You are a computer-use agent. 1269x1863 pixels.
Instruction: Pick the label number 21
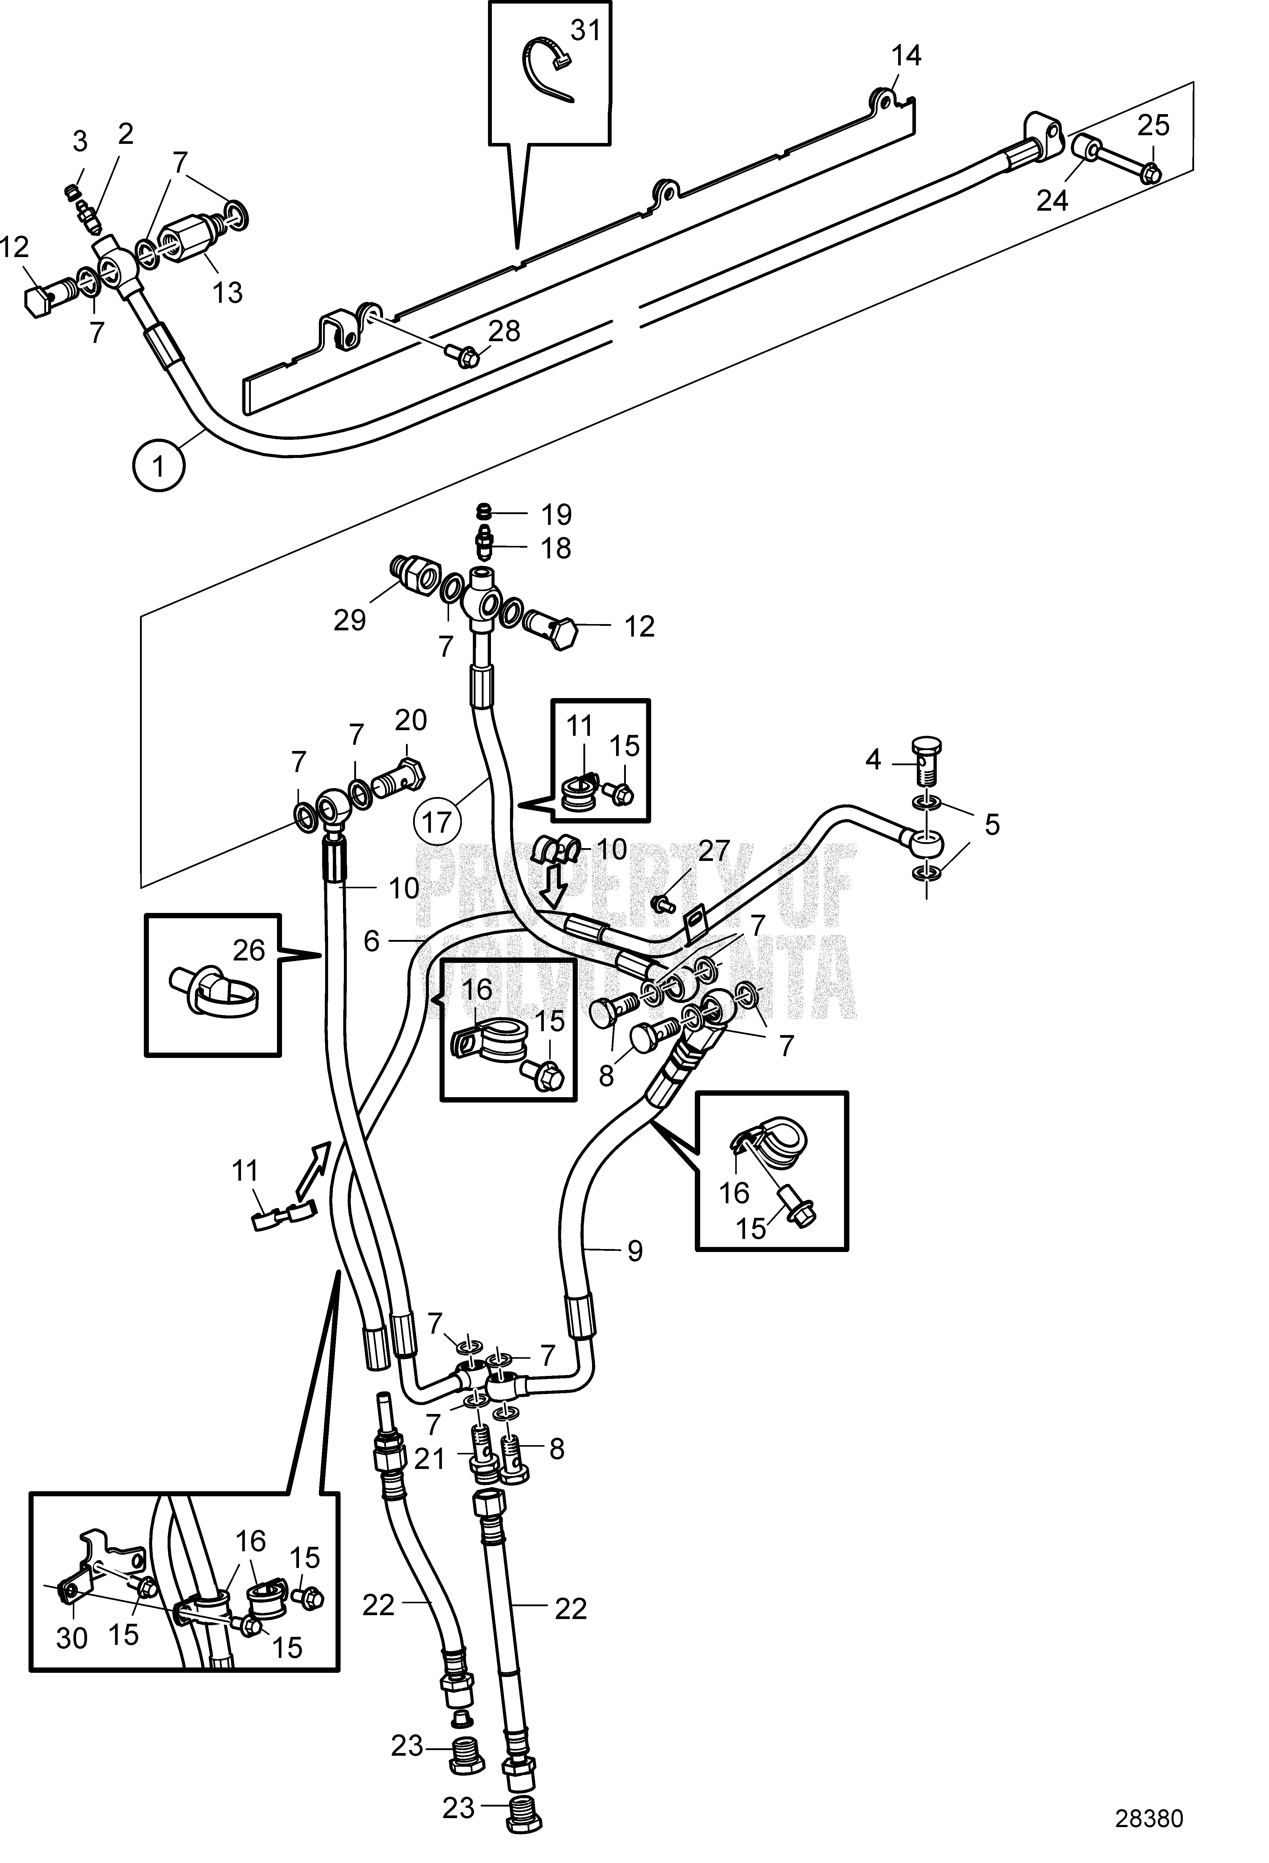pos(429,1458)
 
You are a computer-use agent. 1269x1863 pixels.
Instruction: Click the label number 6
pos(371,940)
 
